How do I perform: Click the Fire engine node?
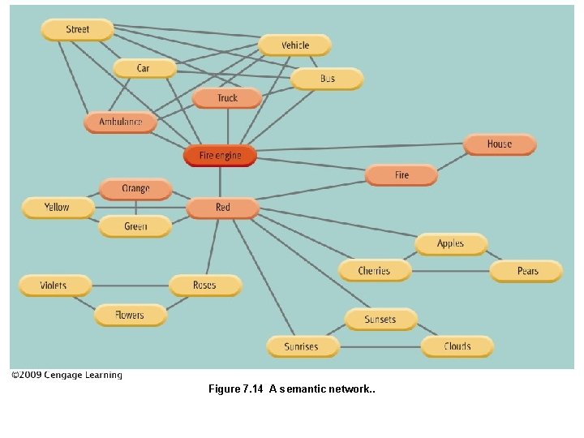pos(220,155)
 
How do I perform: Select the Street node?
pos(77,30)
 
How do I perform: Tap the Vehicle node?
pos(295,45)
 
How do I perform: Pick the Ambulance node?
pos(120,122)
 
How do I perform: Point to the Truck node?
pos(227,98)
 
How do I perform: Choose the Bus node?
pos(327,79)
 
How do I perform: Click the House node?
pos(499,144)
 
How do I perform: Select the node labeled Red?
pos(222,208)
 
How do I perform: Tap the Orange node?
pos(135,189)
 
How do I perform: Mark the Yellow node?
pos(57,208)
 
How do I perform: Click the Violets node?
pos(54,286)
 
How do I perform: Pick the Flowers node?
pos(130,315)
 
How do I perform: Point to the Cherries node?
pos(374,271)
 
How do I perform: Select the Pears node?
pos(526,271)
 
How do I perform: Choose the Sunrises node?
pos(301,346)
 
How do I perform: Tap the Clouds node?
pos(457,346)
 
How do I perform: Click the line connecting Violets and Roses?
pos(130,286)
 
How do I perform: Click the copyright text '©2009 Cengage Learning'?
pos(67,375)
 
